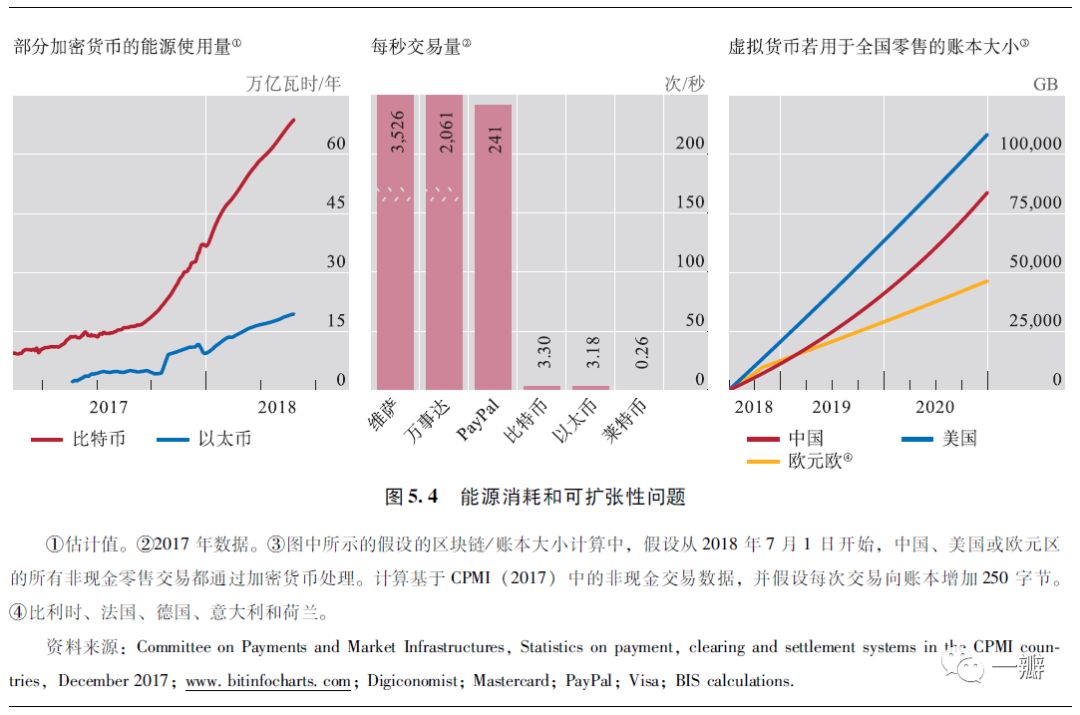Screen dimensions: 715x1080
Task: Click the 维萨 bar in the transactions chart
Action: [395, 250]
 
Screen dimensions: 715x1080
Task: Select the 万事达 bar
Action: [444, 250]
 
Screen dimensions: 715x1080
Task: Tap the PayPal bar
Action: [493, 250]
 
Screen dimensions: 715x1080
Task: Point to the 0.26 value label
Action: [642, 353]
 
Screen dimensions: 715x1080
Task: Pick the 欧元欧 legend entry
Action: [800, 460]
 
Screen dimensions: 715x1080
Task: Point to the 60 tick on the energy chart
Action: [336, 143]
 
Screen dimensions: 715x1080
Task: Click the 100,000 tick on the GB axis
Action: [1030, 143]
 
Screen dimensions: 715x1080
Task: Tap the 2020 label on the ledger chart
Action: [935, 407]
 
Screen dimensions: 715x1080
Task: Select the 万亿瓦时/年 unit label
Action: [294, 84]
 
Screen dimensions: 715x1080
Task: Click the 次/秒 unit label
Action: [684, 84]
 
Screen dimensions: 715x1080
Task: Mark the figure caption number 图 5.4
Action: [413, 497]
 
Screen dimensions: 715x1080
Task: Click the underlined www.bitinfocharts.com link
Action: [268, 681]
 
